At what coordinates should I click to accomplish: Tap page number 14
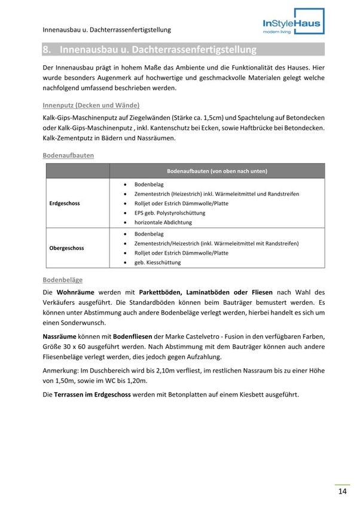pyautogui.click(x=343, y=492)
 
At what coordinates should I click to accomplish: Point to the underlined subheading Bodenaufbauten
pyautogui.click(x=68, y=155)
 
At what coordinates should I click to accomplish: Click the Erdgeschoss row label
pyautogui.click(x=65, y=203)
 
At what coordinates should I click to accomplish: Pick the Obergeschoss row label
pyautogui.click(x=66, y=248)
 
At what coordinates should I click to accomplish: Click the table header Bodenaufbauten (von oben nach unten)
pyautogui.click(x=216, y=171)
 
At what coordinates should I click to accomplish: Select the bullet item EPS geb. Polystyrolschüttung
pyautogui.click(x=169, y=213)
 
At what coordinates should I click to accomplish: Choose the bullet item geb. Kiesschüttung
pyautogui.click(x=157, y=262)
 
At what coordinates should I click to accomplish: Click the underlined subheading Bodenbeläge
pyautogui.click(x=63, y=280)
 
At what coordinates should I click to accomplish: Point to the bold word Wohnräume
pyautogui.click(x=76, y=292)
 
